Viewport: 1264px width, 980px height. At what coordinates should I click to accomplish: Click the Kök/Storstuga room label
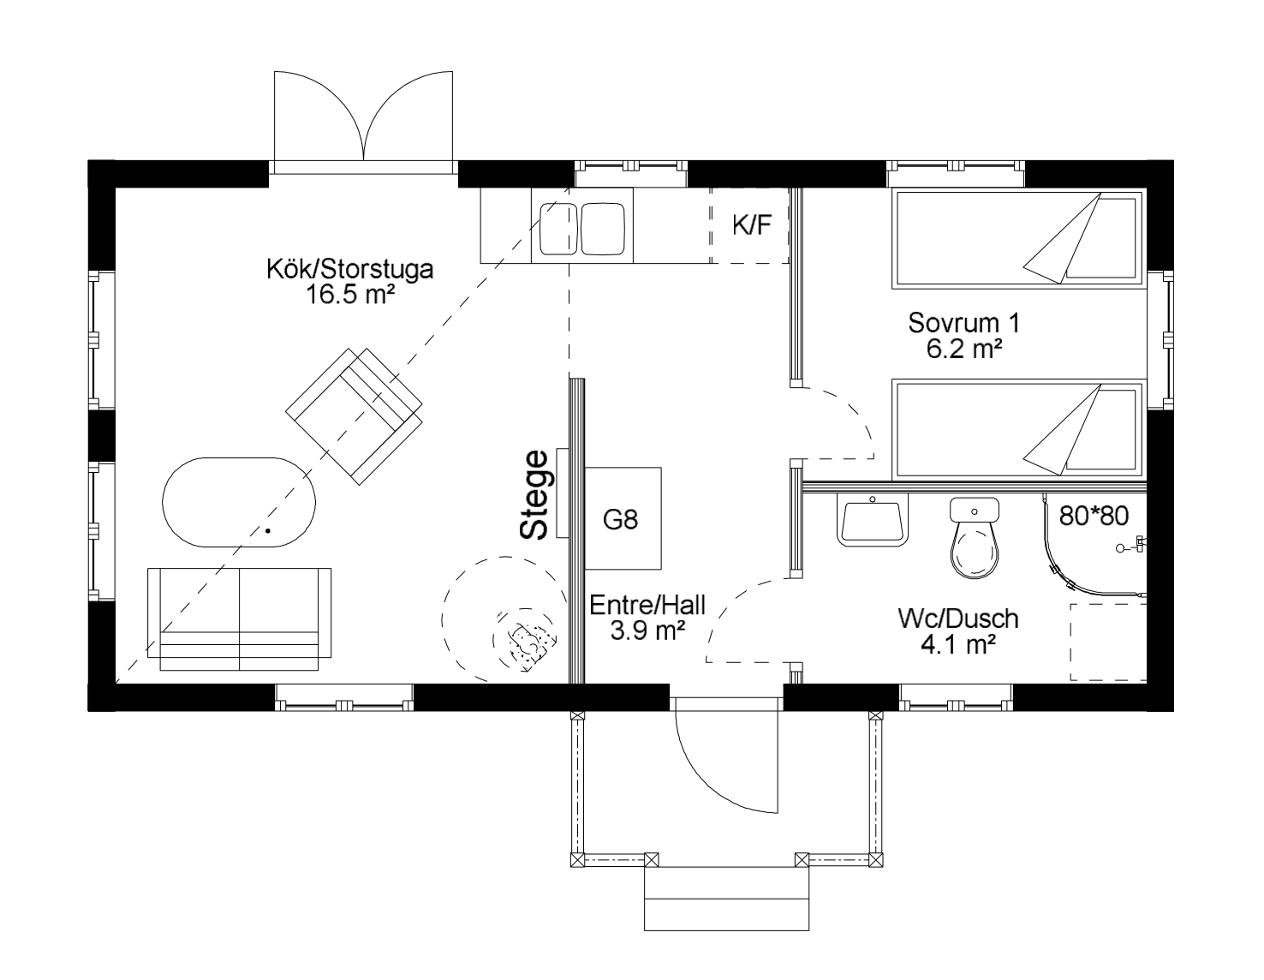350,270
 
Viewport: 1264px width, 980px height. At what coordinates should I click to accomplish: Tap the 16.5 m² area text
350,295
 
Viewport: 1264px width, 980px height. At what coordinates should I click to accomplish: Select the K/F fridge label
752,225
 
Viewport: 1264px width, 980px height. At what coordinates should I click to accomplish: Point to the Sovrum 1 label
964,323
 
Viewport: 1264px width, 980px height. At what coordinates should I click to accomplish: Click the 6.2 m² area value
964,349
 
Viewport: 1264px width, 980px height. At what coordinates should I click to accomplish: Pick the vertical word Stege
534,495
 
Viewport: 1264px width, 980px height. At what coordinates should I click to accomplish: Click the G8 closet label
621,519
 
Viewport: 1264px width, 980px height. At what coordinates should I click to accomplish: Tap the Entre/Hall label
647,606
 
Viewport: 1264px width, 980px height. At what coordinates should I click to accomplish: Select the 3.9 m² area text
647,630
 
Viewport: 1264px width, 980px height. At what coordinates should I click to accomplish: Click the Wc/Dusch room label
958,618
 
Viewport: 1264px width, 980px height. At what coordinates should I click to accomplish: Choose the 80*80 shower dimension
1094,516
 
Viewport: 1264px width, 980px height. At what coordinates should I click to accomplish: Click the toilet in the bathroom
975,538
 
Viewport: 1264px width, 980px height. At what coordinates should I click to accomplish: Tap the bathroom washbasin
873,519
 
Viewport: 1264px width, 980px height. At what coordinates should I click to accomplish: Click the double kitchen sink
582,229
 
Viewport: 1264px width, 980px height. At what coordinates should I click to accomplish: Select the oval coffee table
239,503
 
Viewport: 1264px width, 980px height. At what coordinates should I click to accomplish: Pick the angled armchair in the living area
354,416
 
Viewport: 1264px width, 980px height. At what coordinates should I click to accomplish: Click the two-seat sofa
239,619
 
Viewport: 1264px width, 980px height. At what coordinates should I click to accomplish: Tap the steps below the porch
726,899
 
